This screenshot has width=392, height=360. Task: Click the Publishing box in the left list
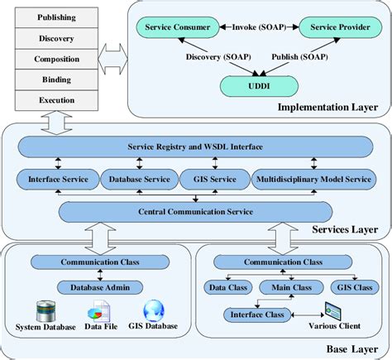[56, 17]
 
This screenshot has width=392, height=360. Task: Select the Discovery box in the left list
[56, 38]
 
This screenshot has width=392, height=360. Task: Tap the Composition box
[56, 60]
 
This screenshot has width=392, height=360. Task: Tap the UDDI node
[257, 85]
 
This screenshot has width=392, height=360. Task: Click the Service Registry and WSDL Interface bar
[195, 146]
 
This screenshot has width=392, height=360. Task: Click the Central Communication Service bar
[195, 211]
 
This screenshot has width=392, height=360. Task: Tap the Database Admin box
[99, 287]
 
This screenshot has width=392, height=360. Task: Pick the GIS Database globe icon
[154, 312]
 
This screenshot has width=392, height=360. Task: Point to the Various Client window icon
[332, 313]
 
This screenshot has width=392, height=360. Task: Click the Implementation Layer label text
[327, 107]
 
